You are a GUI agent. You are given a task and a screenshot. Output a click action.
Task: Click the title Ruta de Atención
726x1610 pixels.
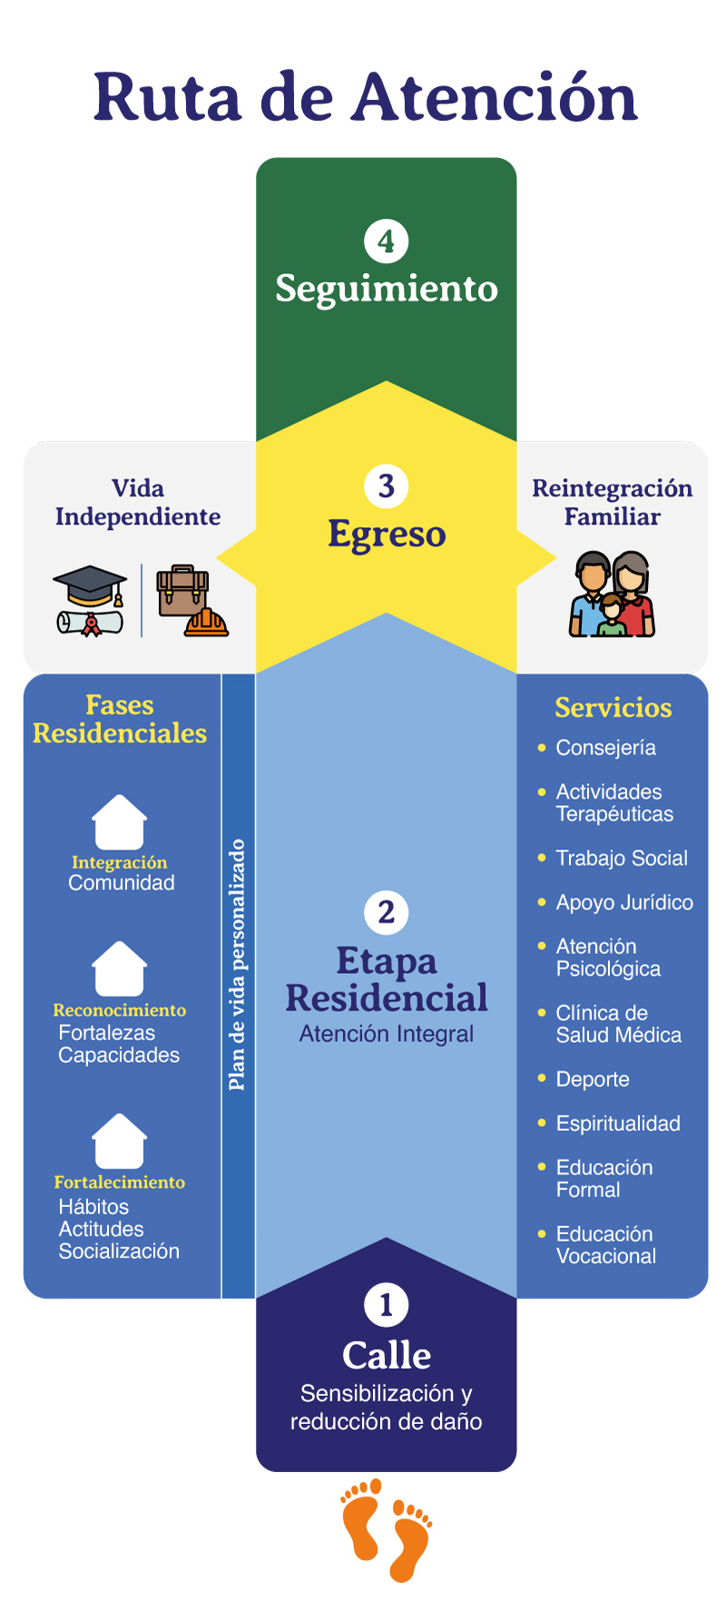click(365, 98)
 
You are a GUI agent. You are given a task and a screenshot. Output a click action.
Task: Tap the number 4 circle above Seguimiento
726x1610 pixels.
click(387, 241)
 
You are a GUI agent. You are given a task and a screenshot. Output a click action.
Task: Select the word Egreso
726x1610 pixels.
click(387, 535)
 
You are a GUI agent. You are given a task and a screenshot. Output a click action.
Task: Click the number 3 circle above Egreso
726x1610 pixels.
click(387, 486)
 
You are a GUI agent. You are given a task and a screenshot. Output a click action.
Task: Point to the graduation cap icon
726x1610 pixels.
click(89, 599)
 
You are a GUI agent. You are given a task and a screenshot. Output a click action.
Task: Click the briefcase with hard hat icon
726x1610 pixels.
click(191, 601)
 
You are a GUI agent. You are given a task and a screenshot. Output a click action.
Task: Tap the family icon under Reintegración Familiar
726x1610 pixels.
click(613, 594)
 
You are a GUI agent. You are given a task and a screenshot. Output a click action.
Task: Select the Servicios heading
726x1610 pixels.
click(613, 708)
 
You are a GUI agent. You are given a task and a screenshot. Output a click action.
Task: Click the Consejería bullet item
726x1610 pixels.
click(605, 748)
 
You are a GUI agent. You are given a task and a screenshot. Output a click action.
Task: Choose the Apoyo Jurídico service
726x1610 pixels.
click(623, 902)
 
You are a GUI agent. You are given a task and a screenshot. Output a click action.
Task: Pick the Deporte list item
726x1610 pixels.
click(592, 1079)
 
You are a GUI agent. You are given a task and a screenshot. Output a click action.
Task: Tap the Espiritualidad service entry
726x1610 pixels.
click(617, 1124)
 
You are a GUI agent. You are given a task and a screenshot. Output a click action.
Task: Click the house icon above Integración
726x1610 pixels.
click(120, 822)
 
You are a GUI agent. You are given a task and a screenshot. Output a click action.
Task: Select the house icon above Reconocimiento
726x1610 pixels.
click(120, 968)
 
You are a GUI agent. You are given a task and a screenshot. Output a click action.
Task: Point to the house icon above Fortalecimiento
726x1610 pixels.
click(120, 1141)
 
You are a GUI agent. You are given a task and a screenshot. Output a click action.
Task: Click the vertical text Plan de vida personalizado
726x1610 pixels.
click(238, 965)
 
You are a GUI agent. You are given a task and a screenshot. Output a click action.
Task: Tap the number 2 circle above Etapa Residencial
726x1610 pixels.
click(387, 912)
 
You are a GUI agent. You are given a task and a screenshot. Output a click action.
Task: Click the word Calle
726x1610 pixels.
click(387, 1355)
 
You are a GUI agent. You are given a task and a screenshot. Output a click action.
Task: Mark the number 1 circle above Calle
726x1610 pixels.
click(387, 1305)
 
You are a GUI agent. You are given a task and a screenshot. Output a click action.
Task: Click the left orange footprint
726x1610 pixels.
click(361, 1520)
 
